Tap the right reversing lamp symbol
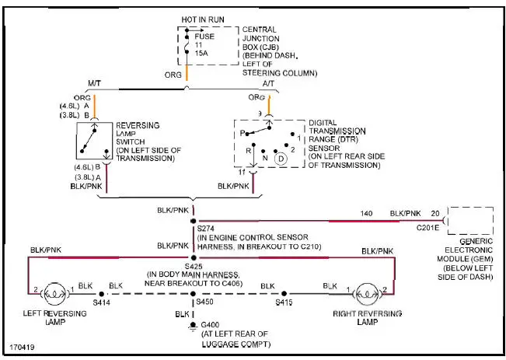[x=366, y=294]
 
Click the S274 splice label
[x=207, y=229]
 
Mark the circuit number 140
[x=367, y=212]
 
